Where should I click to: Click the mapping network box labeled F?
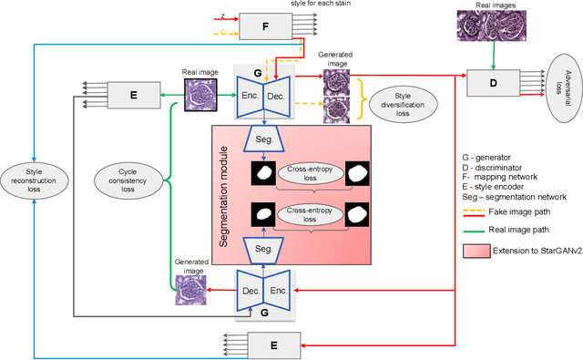(x=266, y=26)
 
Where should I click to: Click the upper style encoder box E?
(x=134, y=94)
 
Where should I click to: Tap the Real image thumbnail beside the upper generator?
(x=200, y=93)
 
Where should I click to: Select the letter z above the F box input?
(x=222, y=15)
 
